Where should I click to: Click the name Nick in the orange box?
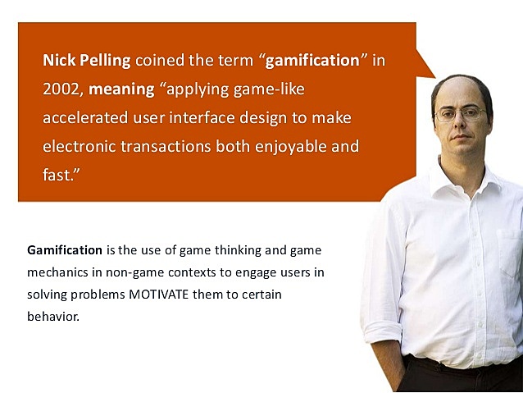tap(61, 60)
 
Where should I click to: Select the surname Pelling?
tap(107, 60)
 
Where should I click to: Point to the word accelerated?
tap(87, 117)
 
